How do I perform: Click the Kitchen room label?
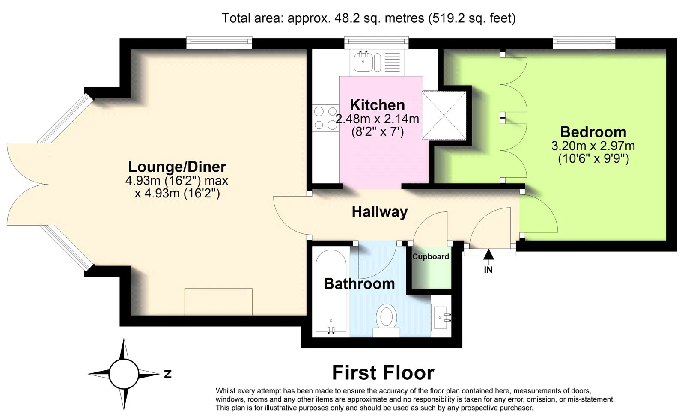coord(377,105)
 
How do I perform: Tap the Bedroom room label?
coord(593,132)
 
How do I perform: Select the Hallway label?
coord(379,212)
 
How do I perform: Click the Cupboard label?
coord(430,256)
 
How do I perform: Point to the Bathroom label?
coord(359,283)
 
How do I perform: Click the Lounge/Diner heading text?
coord(177,167)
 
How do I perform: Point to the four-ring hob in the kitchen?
coord(325,118)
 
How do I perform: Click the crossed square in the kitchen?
coord(444,115)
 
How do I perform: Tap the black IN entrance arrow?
coord(488,255)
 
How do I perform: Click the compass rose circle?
coord(124,374)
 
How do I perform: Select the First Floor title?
coord(383,372)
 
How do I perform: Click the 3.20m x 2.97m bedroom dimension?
coord(593,146)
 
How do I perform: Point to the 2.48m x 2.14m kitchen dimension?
coord(377,119)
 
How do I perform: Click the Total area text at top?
coord(369,18)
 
